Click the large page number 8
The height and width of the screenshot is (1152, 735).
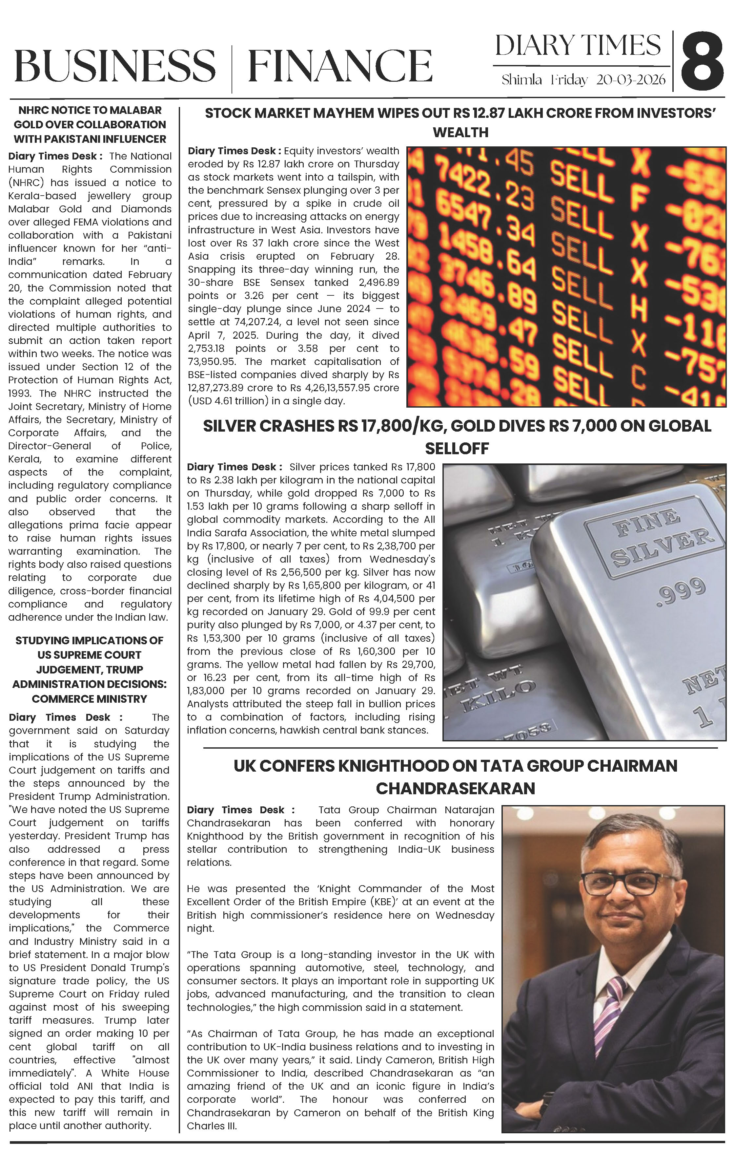coord(702,62)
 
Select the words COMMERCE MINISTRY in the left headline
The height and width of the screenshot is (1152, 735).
coord(90,699)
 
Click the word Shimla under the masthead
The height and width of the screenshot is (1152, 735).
coord(521,80)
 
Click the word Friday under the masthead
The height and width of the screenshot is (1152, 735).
coord(569,80)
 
